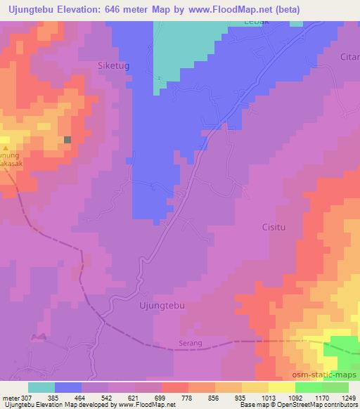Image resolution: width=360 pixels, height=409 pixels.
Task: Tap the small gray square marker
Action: pyautogui.click(x=67, y=140)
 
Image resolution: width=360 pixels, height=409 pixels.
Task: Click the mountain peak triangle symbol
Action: pyautogui.click(x=5, y=149)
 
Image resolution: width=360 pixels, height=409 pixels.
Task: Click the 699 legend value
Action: pyautogui.click(x=161, y=398)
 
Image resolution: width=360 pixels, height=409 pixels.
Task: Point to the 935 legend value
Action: pyautogui.click(x=241, y=398)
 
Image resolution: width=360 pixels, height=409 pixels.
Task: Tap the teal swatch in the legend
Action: pyautogui.click(x=41, y=387)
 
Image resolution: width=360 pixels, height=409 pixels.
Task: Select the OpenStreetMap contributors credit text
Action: pyautogui.click(x=318, y=405)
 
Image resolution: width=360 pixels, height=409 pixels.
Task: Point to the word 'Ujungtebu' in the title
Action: pyautogui.click(x=33, y=9)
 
